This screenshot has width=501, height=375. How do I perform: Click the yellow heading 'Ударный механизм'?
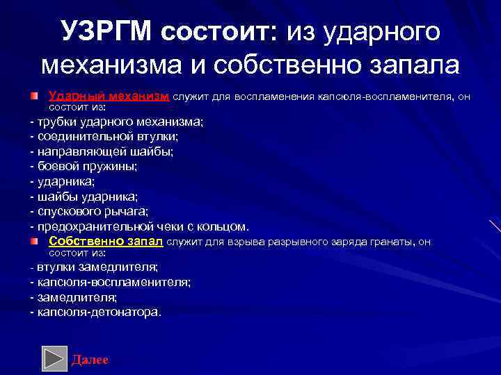click(109, 96)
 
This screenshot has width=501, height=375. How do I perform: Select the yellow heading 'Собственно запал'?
click(106, 241)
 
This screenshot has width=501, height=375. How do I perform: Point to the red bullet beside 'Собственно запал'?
click(34, 241)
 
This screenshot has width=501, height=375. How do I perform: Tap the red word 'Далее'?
click(90, 360)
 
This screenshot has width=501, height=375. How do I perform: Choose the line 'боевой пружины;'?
click(87, 167)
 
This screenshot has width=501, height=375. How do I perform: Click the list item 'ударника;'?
click(66, 181)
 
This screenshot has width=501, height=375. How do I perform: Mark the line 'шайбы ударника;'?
click(87, 197)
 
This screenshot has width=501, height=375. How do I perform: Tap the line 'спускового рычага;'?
click(93, 211)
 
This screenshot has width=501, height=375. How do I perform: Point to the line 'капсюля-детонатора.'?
click(98, 312)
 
